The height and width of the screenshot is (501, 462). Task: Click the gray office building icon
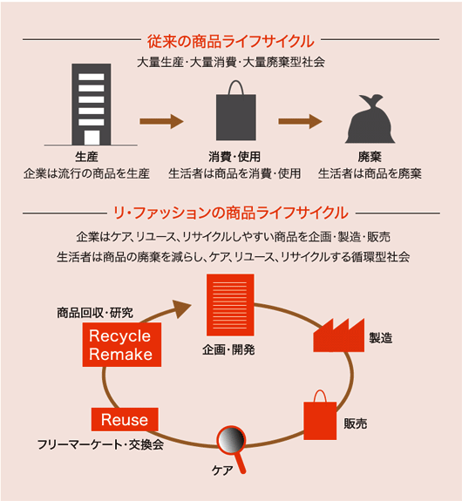(x=92, y=105)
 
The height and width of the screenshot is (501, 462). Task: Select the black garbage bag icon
(x=370, y=118)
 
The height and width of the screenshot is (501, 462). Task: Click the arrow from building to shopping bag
(x=161, y=121)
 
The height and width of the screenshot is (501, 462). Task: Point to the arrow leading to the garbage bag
(x=300, y=121)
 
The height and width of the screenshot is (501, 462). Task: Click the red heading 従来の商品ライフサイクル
(x=231, y=42)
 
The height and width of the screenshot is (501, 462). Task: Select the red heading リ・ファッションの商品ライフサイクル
(x=231, y=213)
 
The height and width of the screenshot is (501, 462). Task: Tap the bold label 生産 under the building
(x=86, y=157)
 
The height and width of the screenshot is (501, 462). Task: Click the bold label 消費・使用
(x=234, y=157)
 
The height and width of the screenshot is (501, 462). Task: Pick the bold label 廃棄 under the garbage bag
(x=370, y=157)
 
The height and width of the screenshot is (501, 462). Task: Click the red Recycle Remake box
(x=122, y=344)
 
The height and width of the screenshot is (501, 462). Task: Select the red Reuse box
(x=125, y=419)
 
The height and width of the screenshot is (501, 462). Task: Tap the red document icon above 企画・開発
(x=230, y=305)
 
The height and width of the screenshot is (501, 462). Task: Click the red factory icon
(x=339, y=335)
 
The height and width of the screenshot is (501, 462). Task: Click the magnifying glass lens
(x=231, y=440)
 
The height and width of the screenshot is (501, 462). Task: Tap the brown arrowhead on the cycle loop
(x=181, y=308)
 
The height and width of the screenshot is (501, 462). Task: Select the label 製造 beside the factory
(x=380, y=338)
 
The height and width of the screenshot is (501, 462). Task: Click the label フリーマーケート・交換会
(x=101, y=444)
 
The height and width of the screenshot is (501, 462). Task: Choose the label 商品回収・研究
(x=95, y=313)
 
